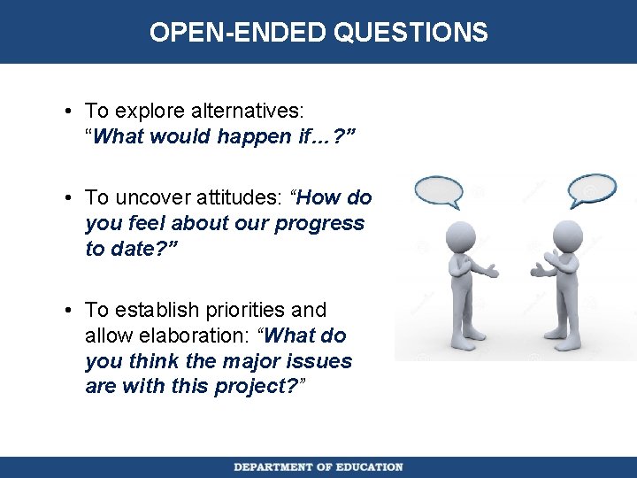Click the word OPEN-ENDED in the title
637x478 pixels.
(x=238, y=33)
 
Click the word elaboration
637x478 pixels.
(x=189, y=335)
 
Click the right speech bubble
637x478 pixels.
(x=591, y=189)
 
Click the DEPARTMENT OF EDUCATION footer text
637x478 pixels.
(x=318, y=466)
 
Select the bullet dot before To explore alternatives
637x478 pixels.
(x=68, y=112)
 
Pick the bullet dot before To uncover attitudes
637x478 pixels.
(x=68, y=198)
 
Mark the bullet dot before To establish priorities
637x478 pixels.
(x=68, y=311)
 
